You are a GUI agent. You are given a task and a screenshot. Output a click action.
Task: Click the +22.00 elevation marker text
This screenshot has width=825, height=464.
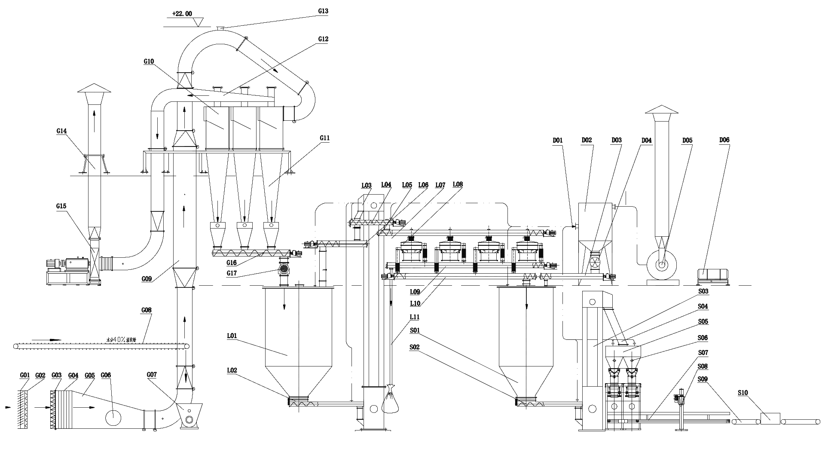(x=182, y=14)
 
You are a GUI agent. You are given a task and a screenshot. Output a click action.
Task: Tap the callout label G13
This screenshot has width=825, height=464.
(x=323, y=12)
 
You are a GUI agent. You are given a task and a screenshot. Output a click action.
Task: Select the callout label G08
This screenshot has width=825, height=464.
(x=147, y=310)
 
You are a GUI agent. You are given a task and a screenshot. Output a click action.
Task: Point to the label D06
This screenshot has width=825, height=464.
(x=724, y=140)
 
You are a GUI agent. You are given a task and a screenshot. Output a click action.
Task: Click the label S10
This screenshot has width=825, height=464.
(x=742, y=393)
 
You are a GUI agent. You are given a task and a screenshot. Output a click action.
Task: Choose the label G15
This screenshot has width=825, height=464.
(x=61, y=206)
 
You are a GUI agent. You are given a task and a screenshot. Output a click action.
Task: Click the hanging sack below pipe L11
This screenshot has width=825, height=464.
(x=390, y=402)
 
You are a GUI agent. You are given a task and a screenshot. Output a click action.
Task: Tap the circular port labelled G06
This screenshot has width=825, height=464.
(x=113, y=417)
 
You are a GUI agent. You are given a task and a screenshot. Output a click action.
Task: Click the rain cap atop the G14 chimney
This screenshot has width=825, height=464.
(x=94, y=88)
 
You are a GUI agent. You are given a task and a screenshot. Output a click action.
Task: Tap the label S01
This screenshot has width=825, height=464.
(x=415, y=330)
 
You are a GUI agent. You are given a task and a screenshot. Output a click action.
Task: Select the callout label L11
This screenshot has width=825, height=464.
(x=415, y=317)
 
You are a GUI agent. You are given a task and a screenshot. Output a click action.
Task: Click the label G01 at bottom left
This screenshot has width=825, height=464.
(x=25, y=375)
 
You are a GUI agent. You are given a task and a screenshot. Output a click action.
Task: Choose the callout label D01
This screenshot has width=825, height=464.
(x=558, y=140)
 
